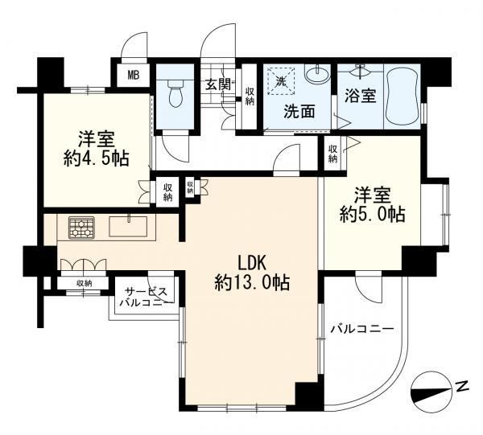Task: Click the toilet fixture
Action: coord(175,93)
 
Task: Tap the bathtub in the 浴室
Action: coord(402,96)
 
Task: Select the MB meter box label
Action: coord(134,75)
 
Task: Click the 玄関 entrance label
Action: coord(218,84)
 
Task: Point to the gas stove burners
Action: coord(81,228)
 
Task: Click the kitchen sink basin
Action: coord(128,226)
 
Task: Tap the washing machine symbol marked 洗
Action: coord(280,81)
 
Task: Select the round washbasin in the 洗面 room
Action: coord(316,74)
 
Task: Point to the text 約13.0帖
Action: coord(252,282)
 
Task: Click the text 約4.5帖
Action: coord(96,158)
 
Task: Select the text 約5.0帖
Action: coord(372,215)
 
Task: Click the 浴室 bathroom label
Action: coord(360,96)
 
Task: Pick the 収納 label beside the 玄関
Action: coord(250,96)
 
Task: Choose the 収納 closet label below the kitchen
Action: coord(84,283)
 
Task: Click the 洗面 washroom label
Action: coord(299,112)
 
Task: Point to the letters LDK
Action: coord(251,264)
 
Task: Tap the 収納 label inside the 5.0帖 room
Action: coord(332,154)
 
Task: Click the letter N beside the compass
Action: coord(463,386)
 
